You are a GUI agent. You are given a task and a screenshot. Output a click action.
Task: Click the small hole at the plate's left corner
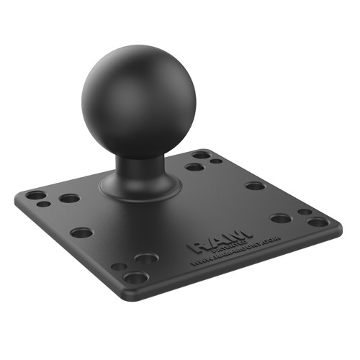coord(45,204)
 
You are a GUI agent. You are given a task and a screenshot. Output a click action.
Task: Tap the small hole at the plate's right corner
coord(305,212)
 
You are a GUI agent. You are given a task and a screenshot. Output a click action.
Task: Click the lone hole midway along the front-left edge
coord(81,233)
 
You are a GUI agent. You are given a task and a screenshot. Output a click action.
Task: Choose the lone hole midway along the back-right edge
coord(254,185)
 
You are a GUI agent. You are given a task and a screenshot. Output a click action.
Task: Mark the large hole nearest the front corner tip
coord(135,277)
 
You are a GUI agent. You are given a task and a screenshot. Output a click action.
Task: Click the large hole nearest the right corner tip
coord(318,222)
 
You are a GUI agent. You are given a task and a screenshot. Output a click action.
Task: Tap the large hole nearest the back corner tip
coord(202,154)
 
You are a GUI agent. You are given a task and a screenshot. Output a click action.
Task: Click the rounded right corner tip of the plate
coord(337,226)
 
